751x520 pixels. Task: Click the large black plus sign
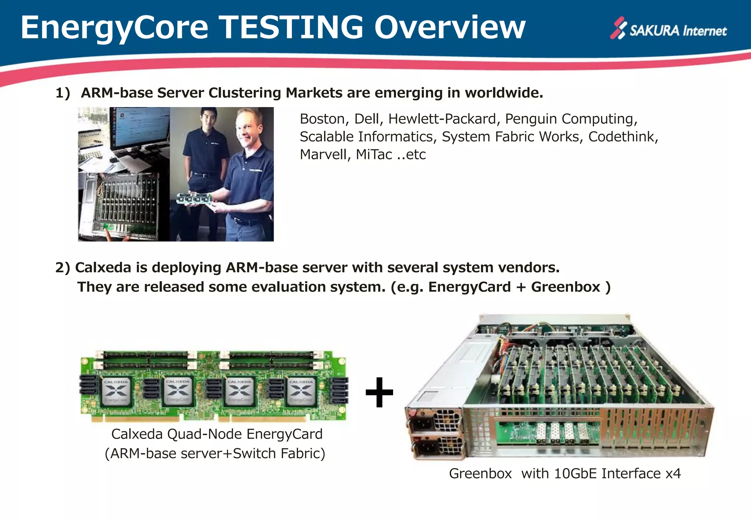379,392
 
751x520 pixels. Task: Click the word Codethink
623,137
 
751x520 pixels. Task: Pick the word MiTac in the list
374,155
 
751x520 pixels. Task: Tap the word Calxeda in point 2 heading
103,268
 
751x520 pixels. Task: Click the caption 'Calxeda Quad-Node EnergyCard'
217,434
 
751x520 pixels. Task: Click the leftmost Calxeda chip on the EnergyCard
116,391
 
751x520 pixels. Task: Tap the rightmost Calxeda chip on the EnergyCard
301,391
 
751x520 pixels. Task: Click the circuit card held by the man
194,199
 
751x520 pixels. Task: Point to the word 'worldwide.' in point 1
504,93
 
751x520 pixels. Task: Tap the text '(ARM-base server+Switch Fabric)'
215,454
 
